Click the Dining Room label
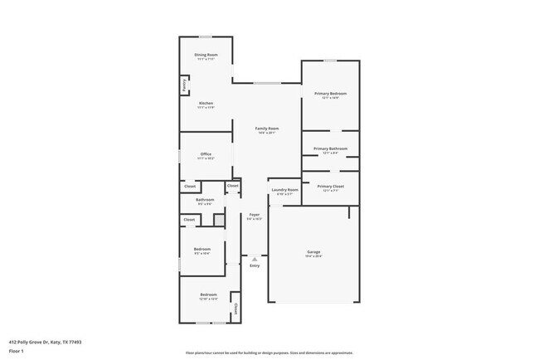tap(206, 55)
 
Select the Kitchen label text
tap(206, 103)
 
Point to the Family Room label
tap(266, 129)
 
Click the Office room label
tap(206, 154)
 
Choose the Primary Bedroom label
tap(330, 94)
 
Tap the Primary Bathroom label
tap(330, 148)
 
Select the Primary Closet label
tap(330, 186)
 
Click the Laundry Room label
tap(284, 190)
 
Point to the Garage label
tap(313, 251)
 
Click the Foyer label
tap(255, 216)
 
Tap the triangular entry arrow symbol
tap(255, 259)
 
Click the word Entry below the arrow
tap(255, 265)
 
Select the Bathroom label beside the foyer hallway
tap(205, 200)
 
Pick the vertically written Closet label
tap(236, 309)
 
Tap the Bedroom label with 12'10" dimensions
tap(207, 295)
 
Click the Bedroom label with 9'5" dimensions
tap(202, 249)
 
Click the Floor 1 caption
tap(17, 350)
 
